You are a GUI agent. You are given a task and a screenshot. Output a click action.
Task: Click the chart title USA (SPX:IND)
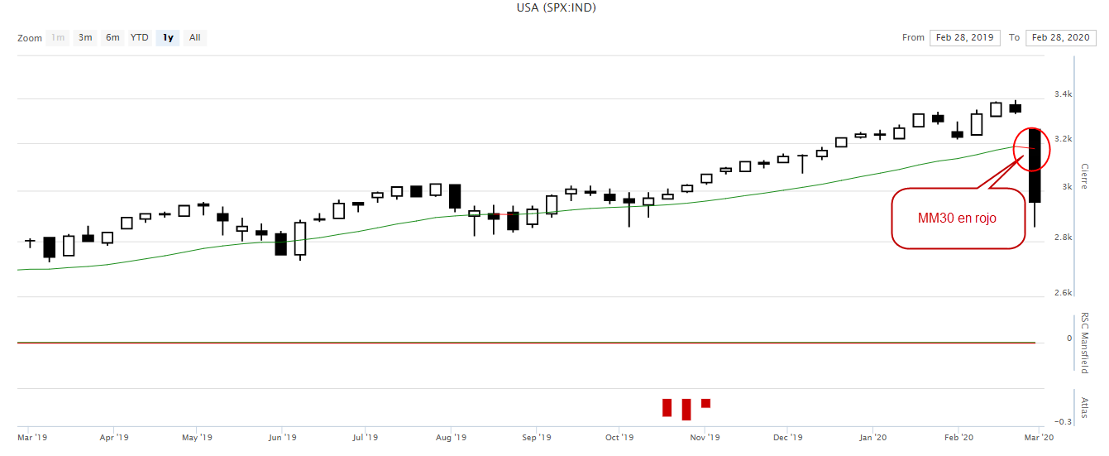pyautogui.click(x=556, y=7)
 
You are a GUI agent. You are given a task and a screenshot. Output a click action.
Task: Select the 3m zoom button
pyautogui.click(x=85, y=37)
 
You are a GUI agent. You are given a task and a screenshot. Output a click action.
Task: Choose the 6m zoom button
pyautogui.click(x=112, y=37)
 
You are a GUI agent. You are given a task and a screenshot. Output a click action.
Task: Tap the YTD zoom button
pyautogui.click(x=140, y=37)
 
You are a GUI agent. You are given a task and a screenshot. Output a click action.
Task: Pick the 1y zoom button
pyautogui.click(x=168, y=37)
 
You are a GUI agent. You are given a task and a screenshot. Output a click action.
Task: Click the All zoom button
pyautogui.click(x=194, y=37)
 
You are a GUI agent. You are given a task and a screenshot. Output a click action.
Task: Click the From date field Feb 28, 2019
pyautogui.click(x=964, y=37)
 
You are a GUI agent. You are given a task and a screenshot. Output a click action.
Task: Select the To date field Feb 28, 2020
pyautogui.click(x=1060, y=37)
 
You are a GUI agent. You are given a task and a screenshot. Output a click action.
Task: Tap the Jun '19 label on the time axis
pyautogui.click(x=283, y=437)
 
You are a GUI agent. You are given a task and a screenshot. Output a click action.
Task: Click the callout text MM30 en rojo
pyautogui.click(x=957, y=218)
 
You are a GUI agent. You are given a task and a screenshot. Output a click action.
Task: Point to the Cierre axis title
pyautogui.click(x=1084, y=175)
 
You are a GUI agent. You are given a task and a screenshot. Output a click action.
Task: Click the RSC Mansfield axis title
pyautogui.click(x=1084, y=343)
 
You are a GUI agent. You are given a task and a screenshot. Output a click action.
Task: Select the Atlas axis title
pyautogui.click(x=1084, y=406)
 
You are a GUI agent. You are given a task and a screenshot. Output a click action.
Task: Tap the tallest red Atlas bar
pyautogui.click(x=686, y=409)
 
